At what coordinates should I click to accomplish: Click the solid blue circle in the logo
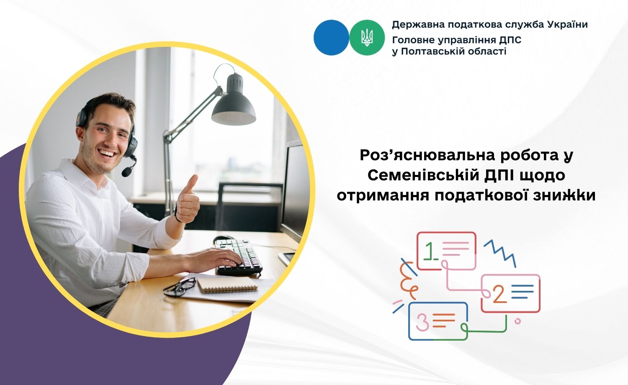332,38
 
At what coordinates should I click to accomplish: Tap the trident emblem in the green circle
367,38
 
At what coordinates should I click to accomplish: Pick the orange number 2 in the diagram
499,294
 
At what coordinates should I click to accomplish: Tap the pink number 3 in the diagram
422,322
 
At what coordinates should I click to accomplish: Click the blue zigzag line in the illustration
499,253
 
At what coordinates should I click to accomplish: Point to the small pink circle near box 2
517,321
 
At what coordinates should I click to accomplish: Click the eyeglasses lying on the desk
180,287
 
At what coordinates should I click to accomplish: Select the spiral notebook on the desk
227,285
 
